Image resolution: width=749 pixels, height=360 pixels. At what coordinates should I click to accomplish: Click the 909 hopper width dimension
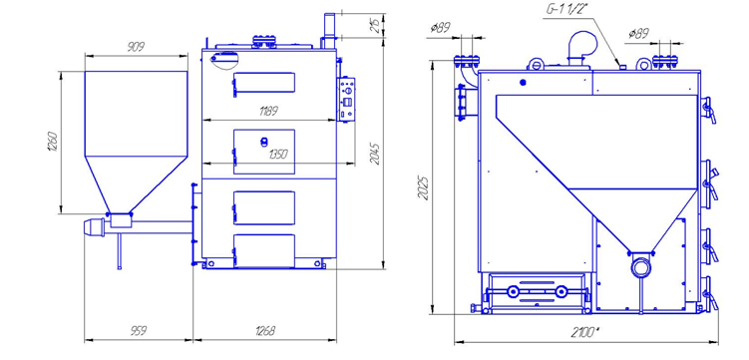tap(137, 47)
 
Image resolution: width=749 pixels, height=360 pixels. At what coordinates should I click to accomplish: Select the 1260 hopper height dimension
tap(53, 142)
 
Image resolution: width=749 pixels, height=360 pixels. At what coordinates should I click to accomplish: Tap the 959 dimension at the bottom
tap(138, 331)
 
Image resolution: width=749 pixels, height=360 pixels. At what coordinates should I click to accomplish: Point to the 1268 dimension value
tap(265, 331)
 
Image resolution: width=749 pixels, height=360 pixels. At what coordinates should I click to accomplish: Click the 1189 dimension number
tap(268, 112)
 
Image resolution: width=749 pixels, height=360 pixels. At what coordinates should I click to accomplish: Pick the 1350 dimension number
tap(278, 155)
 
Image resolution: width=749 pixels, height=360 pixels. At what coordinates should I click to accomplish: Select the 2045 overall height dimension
tap(375, 154)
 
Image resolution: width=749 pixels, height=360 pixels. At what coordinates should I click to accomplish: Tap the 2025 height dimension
tap(423, 188)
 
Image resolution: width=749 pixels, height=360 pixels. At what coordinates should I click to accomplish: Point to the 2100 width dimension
tap(585, 332)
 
